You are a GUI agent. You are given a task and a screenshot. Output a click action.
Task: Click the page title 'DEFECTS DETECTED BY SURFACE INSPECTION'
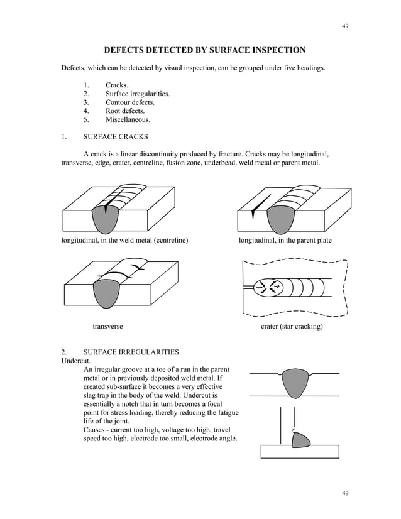coord(204,50)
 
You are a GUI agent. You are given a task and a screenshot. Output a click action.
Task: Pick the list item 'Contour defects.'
coord(129,102)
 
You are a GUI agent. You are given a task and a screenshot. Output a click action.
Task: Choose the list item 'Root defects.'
coord(125,110)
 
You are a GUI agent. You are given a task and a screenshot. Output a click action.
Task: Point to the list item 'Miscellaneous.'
coord(128,119)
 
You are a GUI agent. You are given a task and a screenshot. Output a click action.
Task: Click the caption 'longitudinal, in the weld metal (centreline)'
coord(124,241)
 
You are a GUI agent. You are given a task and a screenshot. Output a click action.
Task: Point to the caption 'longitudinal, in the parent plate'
coord(285,241)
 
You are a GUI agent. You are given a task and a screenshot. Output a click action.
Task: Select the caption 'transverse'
coord(107,326)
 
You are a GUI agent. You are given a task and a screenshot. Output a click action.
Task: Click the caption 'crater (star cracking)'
coord(292,326)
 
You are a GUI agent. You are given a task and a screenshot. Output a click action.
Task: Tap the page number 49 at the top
coord(345,26)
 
